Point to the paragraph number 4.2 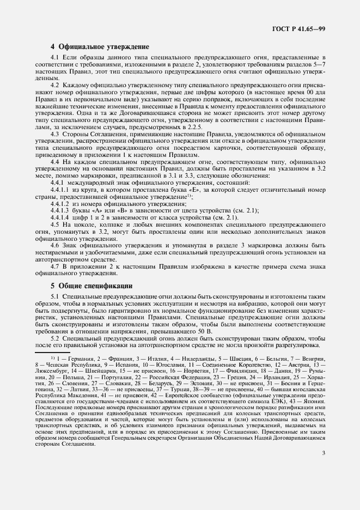pyautogui.click(x=54, y=86)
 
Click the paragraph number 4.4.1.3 pyautogui.click(x=60, y=211)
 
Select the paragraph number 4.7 pyautogui.click(x=54, y=268)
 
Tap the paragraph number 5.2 pyautogui.click(x=54, y=339)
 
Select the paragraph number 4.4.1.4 pyautogui.click(x=60, y=218)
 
